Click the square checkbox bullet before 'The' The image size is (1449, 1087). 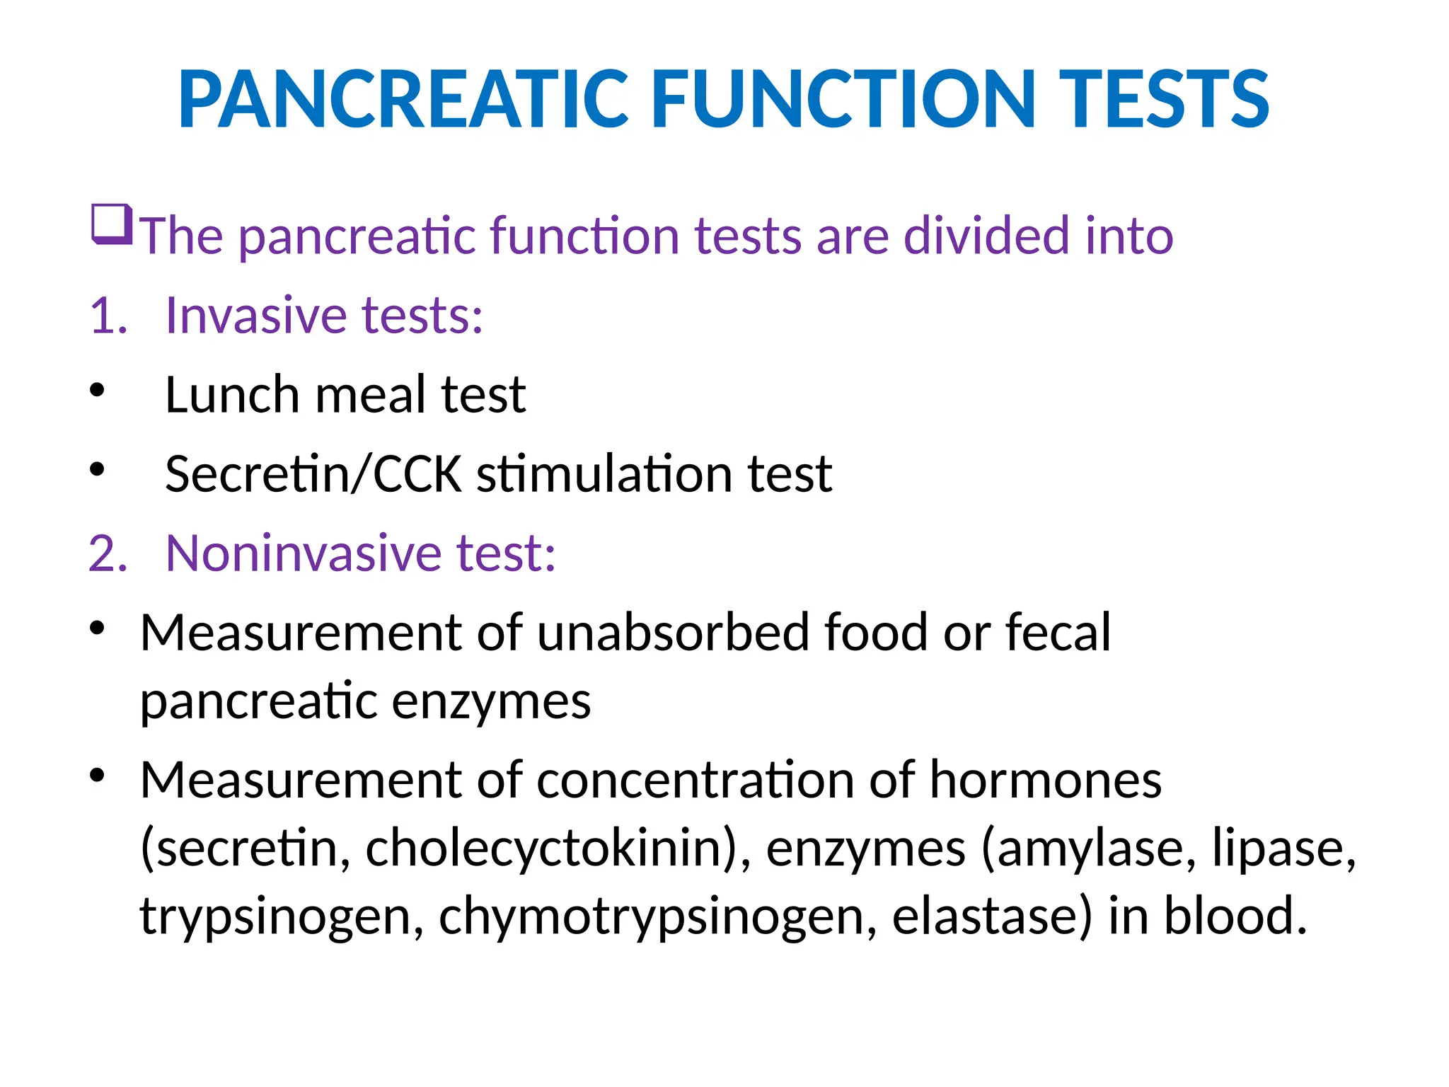(x=112, y=224)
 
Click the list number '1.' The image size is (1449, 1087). (x=108, y=316)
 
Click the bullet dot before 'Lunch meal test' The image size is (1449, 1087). (x=98, y=390)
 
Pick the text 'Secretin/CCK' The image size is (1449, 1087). (x=313, y=474)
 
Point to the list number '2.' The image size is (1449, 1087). (x=108, y=553)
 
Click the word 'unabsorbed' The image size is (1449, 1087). (x=673, y=632)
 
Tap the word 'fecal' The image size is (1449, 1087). (x=1058, y=632)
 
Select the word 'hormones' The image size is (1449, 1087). (x=1045, y=780)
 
